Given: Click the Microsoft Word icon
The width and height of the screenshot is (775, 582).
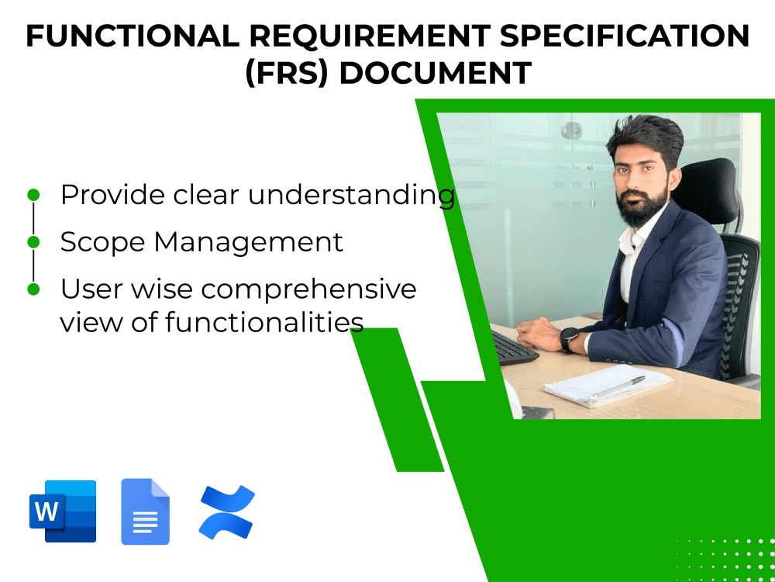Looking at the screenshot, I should pos(63,511).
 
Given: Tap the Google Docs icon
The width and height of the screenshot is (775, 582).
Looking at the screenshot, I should pos(145,511).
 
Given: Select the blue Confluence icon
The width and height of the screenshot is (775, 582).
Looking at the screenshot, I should pos(226,512).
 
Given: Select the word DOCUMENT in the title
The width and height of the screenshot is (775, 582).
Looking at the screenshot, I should pos(436,73).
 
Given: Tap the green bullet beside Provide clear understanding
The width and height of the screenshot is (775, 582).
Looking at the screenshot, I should pos(33,194).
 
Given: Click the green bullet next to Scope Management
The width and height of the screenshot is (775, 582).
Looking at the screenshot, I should pos(33,242).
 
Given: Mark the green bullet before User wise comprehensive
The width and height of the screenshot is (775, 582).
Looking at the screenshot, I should pos(33,289).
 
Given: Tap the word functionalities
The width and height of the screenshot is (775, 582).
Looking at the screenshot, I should pos(264,321).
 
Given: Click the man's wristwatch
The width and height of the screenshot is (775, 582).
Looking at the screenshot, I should pos(569,338).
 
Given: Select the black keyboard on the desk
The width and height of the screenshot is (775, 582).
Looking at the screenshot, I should pos(512,348).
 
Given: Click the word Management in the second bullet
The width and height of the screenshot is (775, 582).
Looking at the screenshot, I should pos(248,242).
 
